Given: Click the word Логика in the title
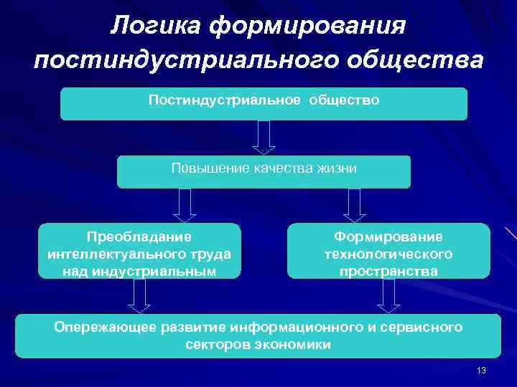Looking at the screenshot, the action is pos(154,26).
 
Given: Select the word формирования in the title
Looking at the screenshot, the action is pos(308,26).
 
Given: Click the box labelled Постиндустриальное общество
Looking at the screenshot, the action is pos(264,104).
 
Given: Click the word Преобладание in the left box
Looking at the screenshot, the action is pos(139,236).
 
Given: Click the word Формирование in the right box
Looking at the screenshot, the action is pos(388,236).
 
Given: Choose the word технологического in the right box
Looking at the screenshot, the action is pos(388,254).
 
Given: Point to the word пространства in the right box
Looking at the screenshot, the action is pos(388,271).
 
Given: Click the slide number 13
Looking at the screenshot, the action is pos(481,370).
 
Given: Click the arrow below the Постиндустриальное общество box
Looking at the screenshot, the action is pos(264,137).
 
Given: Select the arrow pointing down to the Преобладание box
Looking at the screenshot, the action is pos(185,205).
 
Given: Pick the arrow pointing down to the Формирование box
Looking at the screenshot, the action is pos(355,205).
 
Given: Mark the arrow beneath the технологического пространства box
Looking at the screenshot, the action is pos(388,295).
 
